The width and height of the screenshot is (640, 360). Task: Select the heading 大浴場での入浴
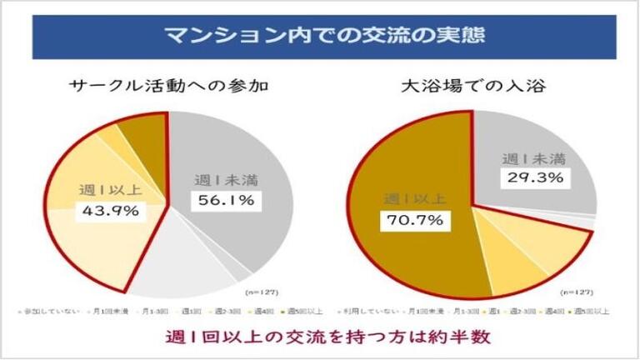pyautogui.click(x=472, y=86)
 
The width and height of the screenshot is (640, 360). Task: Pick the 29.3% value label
pyautogui.click(x=533, y=177)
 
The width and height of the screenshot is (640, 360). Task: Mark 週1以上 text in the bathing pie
pyautogui.click(x=414, y=199)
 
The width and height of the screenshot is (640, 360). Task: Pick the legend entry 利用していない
pyautogui.click(x=363, y=311)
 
